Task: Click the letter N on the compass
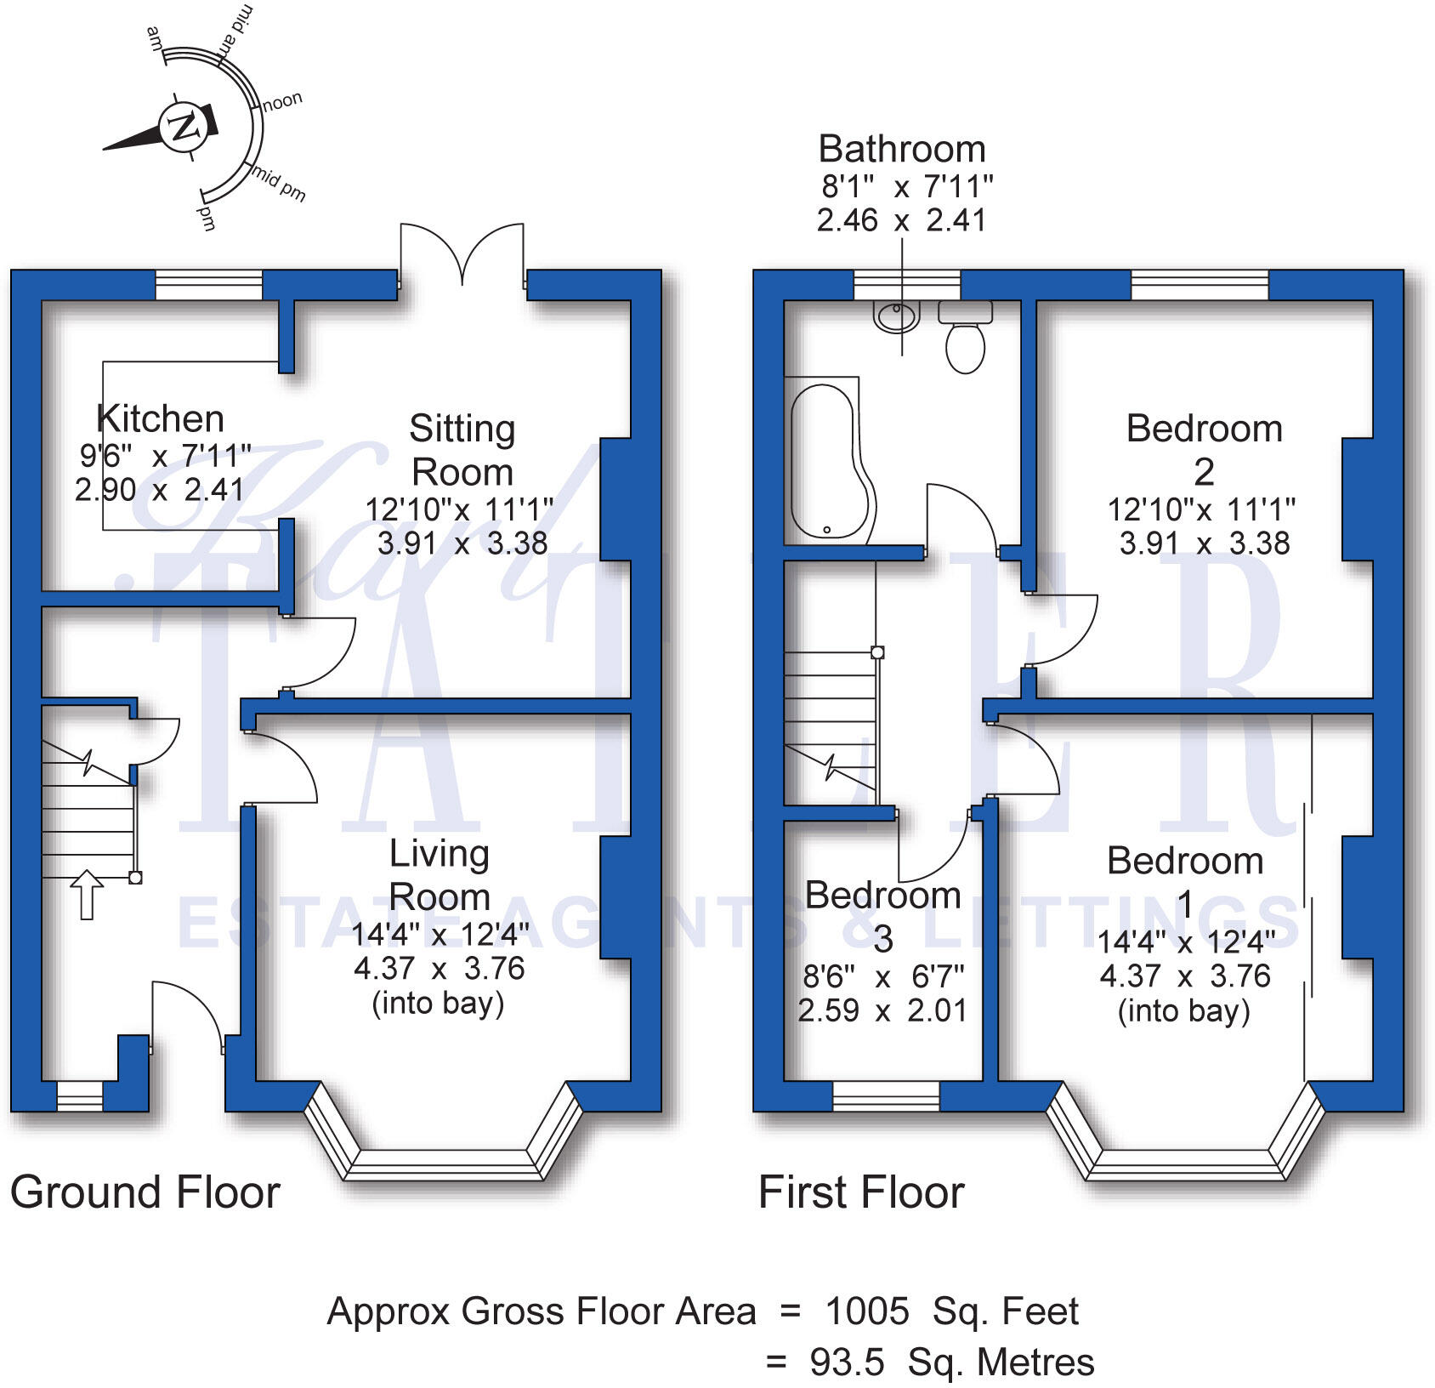coord(182,128)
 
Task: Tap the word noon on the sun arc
coord(282,101)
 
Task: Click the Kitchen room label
coord(160,418)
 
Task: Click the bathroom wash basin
coord(896,316)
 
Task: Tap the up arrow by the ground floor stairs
coord(86,894)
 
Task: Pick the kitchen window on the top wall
coord(209,285)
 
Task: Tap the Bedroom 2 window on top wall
coord(1199,285)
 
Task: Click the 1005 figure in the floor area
coord(866,1311)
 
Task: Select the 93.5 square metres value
coord(847,1362)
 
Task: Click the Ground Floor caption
coord(145,1192)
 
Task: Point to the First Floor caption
coord(860,1192)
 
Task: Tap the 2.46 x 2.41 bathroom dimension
coord(901,220)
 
